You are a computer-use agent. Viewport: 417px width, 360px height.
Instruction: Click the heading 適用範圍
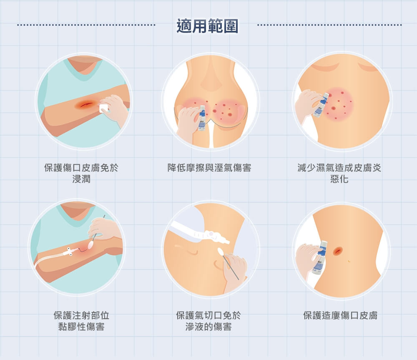click(207, 26)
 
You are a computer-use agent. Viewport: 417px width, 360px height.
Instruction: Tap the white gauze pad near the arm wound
click(103, 108)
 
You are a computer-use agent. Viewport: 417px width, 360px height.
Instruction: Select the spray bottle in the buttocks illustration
click(202, 118)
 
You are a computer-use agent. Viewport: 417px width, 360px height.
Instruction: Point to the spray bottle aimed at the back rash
click(321, 105)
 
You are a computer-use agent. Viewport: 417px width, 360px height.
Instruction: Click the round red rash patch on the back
click(338, 103)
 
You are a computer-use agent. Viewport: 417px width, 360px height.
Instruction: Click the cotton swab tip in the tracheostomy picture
click(221, 251)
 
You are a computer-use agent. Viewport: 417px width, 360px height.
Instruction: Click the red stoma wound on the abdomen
click(337, 250)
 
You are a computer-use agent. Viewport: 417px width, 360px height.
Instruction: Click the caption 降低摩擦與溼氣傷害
click(209, 168)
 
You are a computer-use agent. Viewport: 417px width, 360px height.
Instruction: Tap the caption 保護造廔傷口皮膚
click(340, 315)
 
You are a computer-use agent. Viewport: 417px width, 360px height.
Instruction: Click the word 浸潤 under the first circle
click(81, 179)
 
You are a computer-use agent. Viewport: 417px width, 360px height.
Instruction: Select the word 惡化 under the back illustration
click(339, 179)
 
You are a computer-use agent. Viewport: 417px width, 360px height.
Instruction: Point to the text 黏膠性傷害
click(81, 327)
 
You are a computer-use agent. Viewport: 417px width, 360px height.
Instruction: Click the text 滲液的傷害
click(208, 327)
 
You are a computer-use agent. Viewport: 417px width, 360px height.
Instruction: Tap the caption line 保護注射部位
click(81, 315)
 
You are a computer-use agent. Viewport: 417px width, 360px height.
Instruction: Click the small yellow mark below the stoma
click(349, 261)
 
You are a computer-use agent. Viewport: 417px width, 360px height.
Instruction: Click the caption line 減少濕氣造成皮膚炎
click(339, 168)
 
